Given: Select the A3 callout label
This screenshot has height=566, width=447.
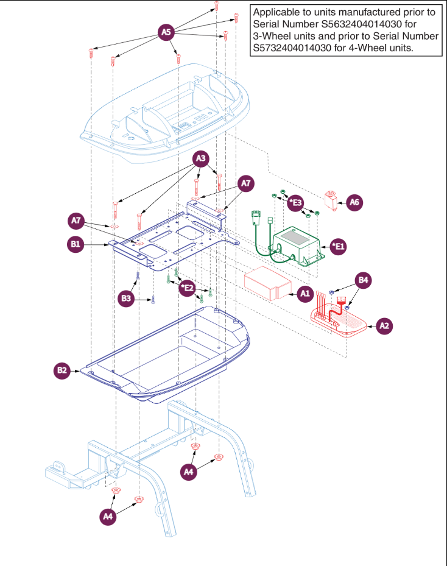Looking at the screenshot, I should click(202, 160).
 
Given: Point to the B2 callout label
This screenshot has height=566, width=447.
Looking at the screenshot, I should click(62, 370).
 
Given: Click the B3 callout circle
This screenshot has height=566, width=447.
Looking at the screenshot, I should click(125, 299).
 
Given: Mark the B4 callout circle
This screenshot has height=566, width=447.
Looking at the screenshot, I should click(363, 280).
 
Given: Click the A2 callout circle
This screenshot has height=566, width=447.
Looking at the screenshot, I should click(384, 325).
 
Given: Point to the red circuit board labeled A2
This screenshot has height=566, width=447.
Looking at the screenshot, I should click(338, 319).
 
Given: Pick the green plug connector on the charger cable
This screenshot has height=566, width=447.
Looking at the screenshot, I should click(256, 218).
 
